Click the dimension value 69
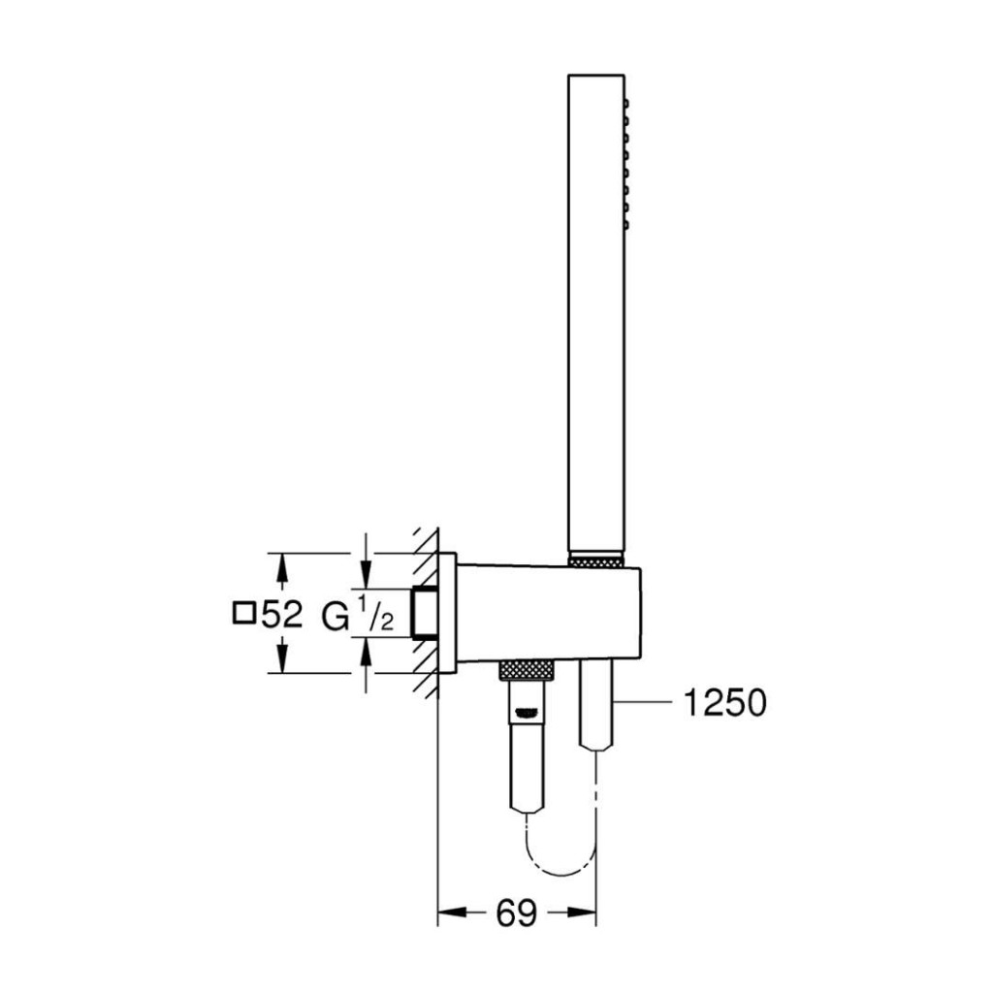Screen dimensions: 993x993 pyautogui.click(x=516, y=913)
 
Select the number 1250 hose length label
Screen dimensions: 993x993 pyautogui.click(x=724, y=703)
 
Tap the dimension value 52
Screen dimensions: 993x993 pyautogui.click(x=282, y=613)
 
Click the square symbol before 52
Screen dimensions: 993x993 pyautogui.click(x=243, y=614)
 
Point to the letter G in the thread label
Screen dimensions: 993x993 pyautogui.click(x=335, y=616)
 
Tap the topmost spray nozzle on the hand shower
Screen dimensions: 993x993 pyautogui.click(x=626, y=103)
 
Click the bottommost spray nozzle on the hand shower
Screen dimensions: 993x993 pyautogui.click(x=626, y=224)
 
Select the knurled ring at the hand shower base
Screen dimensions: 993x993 pyautogui.click(x=596, y=560)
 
